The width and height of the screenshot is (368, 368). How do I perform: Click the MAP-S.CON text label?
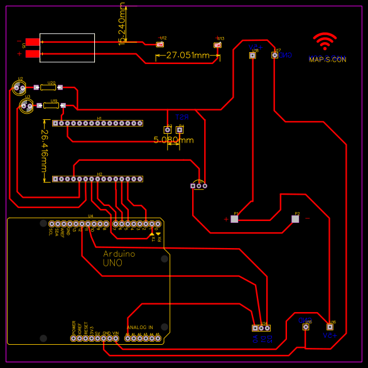point(327,60)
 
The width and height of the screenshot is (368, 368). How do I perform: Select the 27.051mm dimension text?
point(188,56)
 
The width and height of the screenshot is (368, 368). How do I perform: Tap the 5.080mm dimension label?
point(173,140)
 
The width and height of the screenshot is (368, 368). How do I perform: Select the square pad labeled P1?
point(235,219)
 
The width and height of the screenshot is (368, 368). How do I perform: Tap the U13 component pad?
point(217,45)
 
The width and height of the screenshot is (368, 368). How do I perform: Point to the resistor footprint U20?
point(51,87)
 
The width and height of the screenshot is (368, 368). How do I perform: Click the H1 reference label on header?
point(99,117)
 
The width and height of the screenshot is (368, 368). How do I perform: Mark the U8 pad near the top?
point(252,55)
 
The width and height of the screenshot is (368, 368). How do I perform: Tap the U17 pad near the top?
point(274,55)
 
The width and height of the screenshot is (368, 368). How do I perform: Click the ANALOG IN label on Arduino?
point(139,327)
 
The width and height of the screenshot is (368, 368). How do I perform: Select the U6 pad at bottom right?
point(329,327)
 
